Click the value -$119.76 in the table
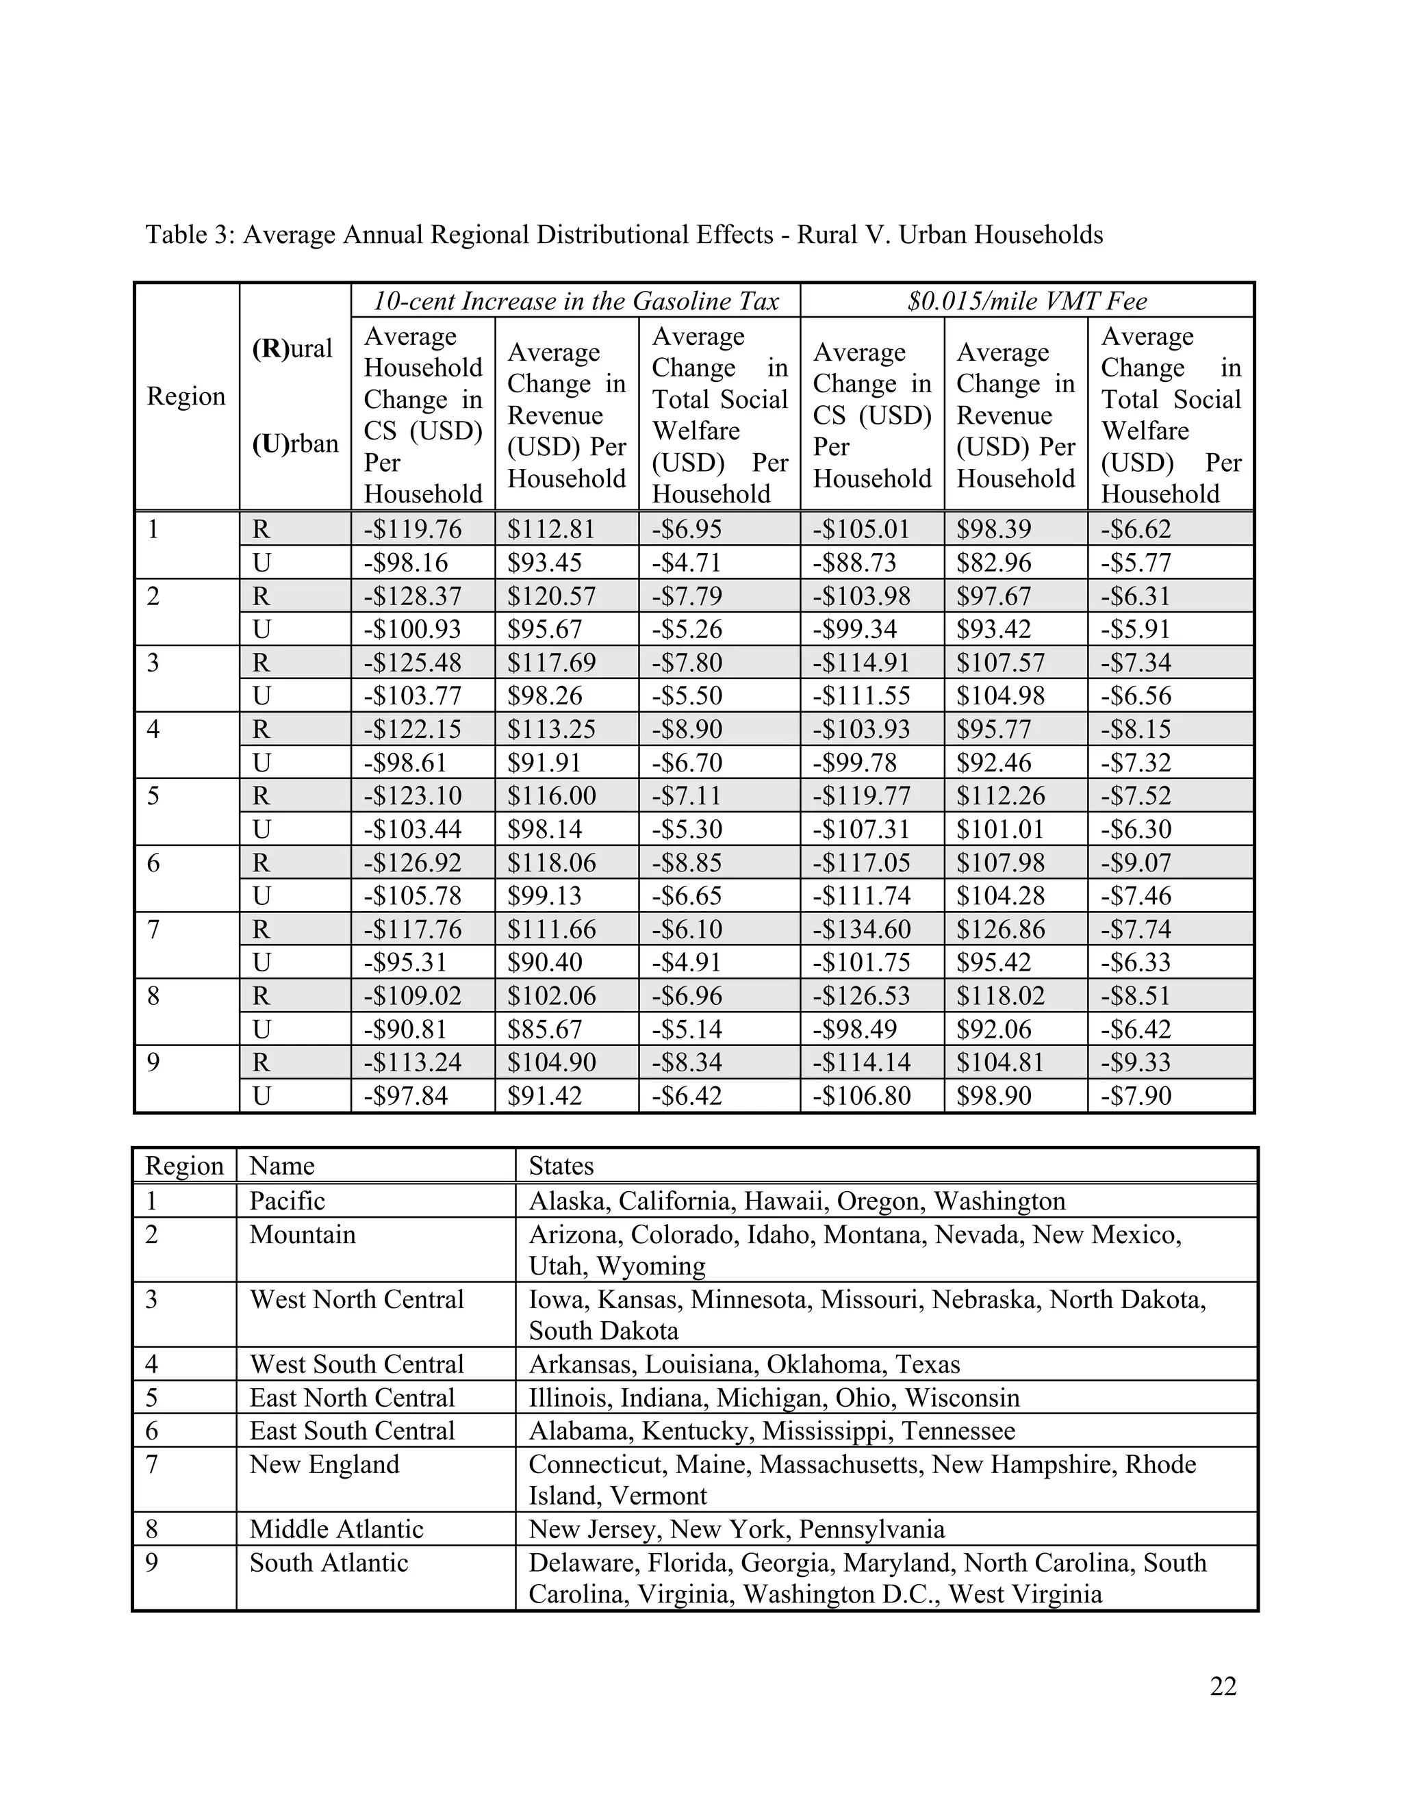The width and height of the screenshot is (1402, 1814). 412,529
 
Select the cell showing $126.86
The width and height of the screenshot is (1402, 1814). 1000,929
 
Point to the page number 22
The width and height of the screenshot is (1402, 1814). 1223,1686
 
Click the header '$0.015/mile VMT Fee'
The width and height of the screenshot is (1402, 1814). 1027,301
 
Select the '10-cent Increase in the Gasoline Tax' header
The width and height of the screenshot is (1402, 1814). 576,301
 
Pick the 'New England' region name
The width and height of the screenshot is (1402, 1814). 324,1464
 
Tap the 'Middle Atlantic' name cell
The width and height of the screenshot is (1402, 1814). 336,1529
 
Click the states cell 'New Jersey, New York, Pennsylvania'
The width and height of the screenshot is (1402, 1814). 737,1529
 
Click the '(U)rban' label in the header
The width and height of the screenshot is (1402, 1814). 295,444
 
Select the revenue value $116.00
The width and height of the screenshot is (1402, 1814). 552,795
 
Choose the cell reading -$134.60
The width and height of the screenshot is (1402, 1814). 861,929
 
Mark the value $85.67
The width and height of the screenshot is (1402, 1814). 545,1029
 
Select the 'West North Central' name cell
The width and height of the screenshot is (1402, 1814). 356,1299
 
